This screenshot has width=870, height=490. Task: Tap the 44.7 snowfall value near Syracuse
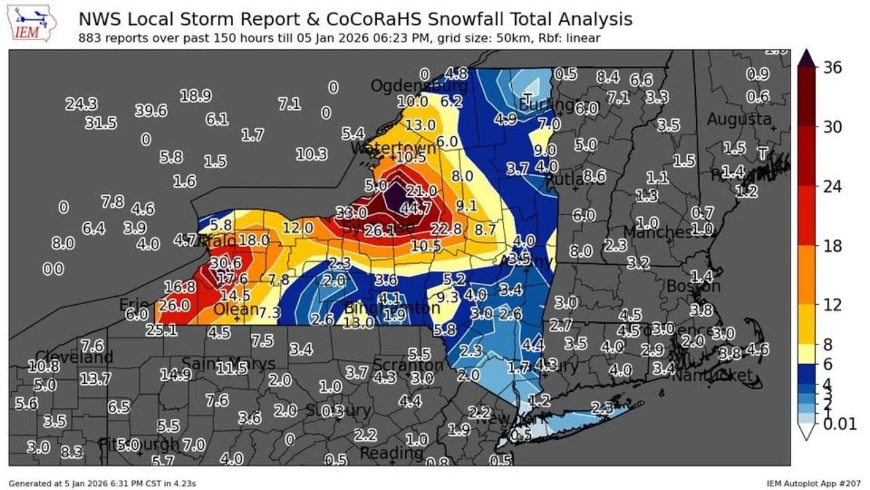point(416,208)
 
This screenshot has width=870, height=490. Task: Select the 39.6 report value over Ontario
point(150,110)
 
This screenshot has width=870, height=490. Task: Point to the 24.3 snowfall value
point(82,104)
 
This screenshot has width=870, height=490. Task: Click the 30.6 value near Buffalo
point(226,263)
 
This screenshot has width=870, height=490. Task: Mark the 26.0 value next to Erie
point(174,306)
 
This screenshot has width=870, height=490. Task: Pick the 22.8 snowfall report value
point(446,229)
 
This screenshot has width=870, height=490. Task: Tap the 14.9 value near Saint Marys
point(176,374)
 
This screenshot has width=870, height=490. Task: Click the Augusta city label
point(739,120)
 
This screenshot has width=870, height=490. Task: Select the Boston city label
point(693,287)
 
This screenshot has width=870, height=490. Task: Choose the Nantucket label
point(713,375)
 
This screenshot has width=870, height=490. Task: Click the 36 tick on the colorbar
point(833,67)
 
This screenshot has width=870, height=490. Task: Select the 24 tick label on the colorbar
point(833,186)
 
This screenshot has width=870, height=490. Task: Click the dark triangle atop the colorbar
point(807,59)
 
